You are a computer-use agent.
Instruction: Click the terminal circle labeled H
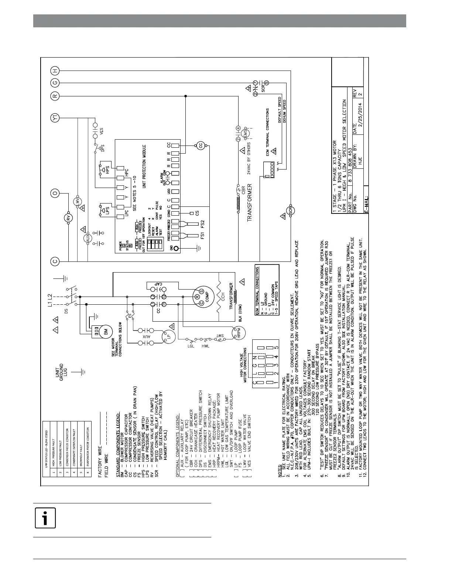[x=55, y=70]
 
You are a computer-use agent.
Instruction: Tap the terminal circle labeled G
[x=55, y=83]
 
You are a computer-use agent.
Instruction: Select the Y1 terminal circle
[x=55, y=118]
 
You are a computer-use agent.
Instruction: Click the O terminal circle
[x=55, y=193]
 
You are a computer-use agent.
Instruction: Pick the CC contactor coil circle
[x=201, y=146]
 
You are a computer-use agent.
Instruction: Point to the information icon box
[x=45, y=518]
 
